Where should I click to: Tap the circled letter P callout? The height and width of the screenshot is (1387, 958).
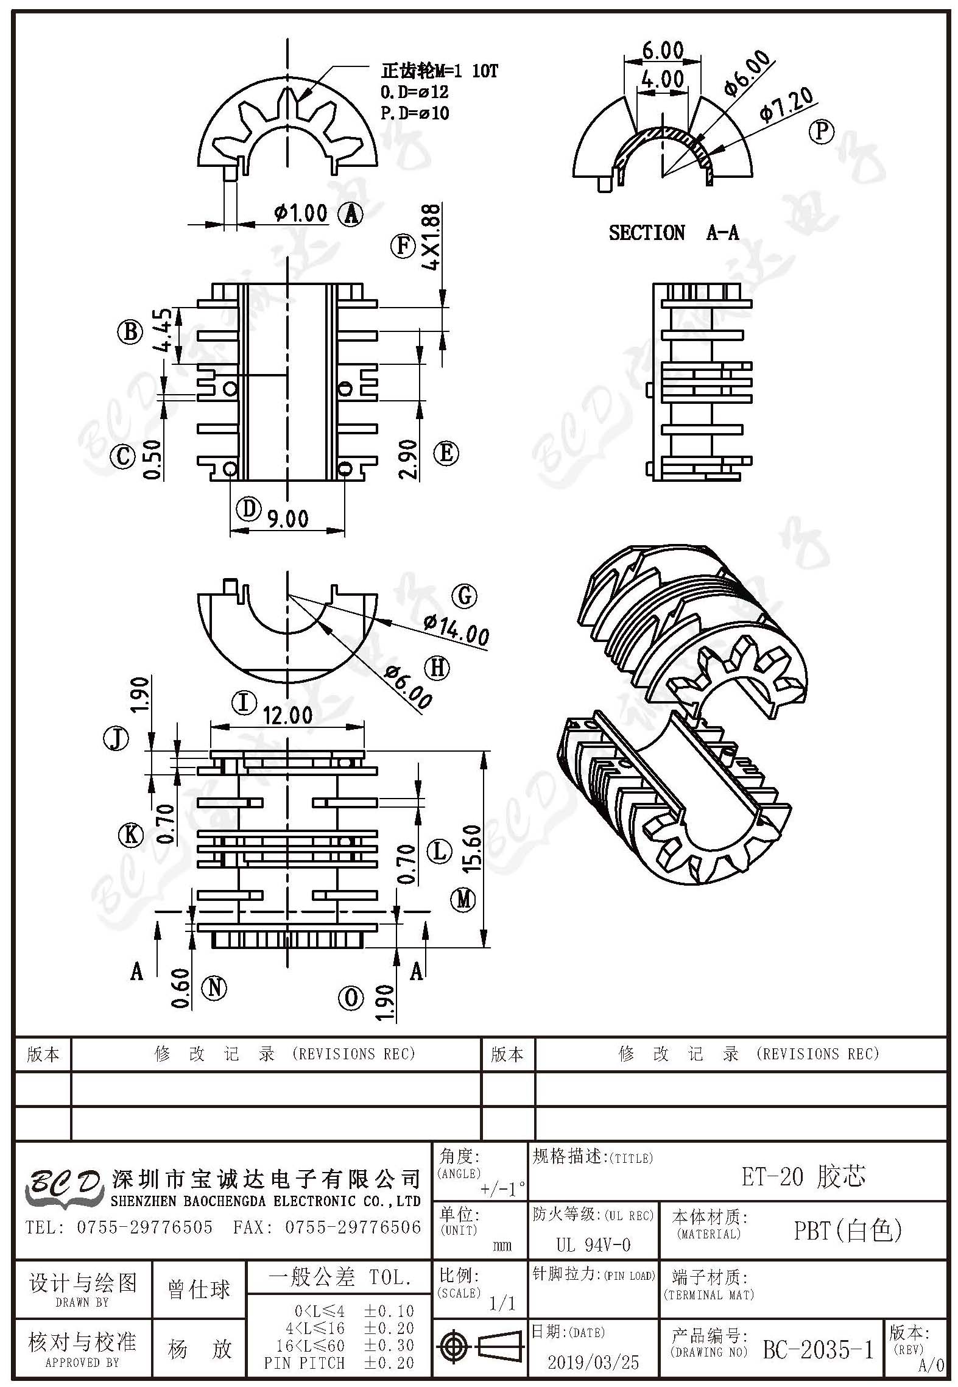(821, 131)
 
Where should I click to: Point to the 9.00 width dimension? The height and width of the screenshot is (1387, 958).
(287, 518)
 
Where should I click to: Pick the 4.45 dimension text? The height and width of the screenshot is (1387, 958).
(162, 330)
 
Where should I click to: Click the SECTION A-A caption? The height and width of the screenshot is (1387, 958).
(674, 233)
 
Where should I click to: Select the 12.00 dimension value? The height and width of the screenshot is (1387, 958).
(288, 715)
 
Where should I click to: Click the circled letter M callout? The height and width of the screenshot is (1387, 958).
(463, 899)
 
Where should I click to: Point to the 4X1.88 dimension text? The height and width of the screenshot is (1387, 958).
(430, 237)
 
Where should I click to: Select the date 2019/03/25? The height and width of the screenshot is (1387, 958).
(593, 1362)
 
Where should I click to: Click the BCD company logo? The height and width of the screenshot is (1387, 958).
(62, 1187)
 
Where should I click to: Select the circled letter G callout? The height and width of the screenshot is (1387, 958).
(465, 595)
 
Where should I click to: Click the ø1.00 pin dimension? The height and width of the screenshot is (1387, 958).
(301, 213)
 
